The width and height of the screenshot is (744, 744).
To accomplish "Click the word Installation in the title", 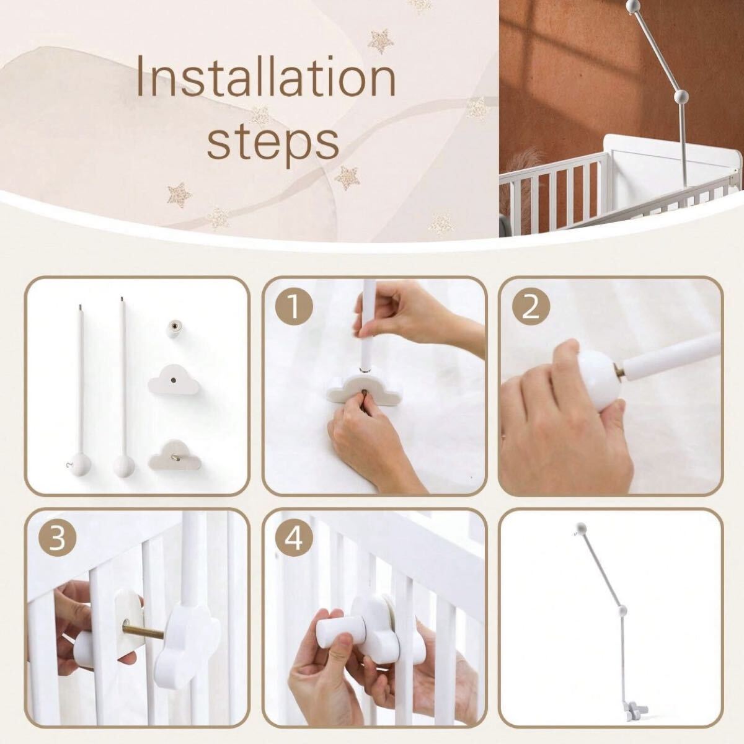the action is pyautogui.click(x=266, y=76).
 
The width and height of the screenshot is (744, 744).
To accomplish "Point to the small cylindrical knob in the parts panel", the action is pyautogui.click(x=174, y=329).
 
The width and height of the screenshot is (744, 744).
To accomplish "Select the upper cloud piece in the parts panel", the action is pyautogui.click(x=174, y=379).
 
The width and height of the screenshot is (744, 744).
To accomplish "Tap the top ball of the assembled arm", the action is pyautogui.click(x=582, y=527).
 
